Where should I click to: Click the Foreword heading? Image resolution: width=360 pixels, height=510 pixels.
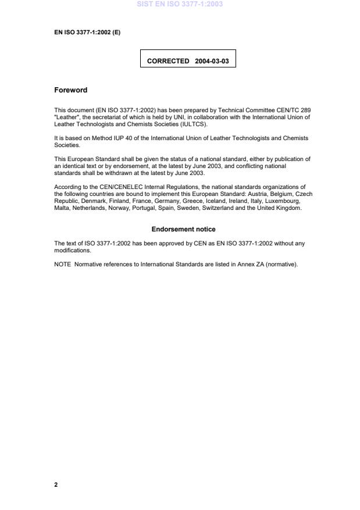(70, 90)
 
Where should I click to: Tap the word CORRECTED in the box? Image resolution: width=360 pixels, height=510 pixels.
(168, 60)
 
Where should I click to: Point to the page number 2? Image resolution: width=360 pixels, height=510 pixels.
(56, 484)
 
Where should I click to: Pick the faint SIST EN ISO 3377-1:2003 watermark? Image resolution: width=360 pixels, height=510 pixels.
(180, 4)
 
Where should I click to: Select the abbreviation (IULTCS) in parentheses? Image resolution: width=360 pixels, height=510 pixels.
(191, 124)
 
